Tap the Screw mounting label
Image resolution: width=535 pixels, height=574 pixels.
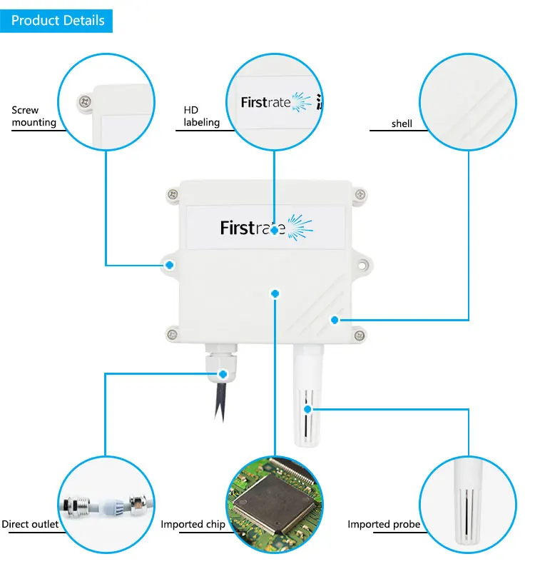[34, 116]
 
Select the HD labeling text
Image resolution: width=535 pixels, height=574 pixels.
[201, 116]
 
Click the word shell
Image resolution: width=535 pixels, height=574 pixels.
[402, 124]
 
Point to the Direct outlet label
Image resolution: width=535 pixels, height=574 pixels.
[30, 525]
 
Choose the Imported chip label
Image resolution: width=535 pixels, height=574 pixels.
[193, 525]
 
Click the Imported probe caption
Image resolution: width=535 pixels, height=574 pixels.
[383, 525]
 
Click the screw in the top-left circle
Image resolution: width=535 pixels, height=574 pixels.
[86, 101]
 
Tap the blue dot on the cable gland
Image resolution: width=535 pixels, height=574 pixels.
[224, 373]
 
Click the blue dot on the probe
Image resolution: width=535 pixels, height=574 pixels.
[307, 410]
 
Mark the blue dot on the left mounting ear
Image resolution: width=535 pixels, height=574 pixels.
[170, 265]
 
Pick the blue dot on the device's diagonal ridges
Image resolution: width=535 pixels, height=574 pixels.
[334, 320]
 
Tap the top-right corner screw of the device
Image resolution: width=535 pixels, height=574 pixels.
[360, 193]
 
